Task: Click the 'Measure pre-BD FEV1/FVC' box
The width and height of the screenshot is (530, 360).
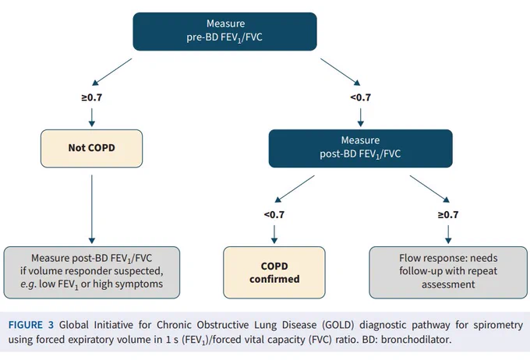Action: pyautogui.click(x=224, y=31)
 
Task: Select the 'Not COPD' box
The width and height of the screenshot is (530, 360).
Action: pyautogui.click(x=92, y=148)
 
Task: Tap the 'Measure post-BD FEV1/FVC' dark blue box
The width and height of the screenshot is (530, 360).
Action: pyautogui.click(x=360, y=148)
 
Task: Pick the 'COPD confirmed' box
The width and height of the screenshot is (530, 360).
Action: pyautogui.click(x=274, y=273)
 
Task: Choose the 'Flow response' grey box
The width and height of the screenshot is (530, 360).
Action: pyautogui.click(x=448, y=273)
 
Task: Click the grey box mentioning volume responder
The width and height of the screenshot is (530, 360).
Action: pyautogui.click(x=92, y=273)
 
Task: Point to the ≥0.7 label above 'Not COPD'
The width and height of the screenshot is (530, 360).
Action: pyautogui.click(x=92, y=97)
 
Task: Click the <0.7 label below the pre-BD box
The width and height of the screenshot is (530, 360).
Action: pyautogui.click(x=360, y=97)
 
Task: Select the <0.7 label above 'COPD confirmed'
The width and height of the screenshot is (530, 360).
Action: pyautogui.click(x=274, y=214)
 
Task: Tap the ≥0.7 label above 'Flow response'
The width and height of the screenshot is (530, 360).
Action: pyautogui.click(x=448, y=214)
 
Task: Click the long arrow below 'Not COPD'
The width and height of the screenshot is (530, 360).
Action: pyautogui.click(x=92, y=210)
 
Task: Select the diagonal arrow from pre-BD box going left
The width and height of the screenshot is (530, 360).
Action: pyautogui.click(x=112, y=72)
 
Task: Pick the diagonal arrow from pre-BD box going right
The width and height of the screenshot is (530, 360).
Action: pyautogui.click(x=341, y=72)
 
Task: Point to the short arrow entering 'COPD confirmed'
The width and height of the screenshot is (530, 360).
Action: pyautogui.click(x=274, y=235)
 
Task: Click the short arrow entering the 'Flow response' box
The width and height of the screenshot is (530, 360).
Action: pyautogui.click(x=448, y=235)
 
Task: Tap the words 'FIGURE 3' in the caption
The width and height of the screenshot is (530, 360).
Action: pyautogui.click(x=31, y=325)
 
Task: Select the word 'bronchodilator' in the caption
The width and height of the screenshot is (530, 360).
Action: pyautogui.click(x=415, y=339)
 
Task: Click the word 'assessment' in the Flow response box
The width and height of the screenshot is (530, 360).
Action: pyautogui.click(x=448, y=284)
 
